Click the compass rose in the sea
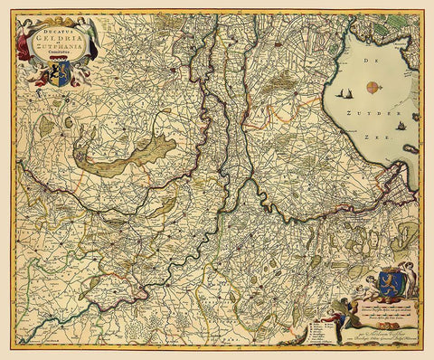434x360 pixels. pos(372,87)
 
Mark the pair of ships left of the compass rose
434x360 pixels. pos(344,91)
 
